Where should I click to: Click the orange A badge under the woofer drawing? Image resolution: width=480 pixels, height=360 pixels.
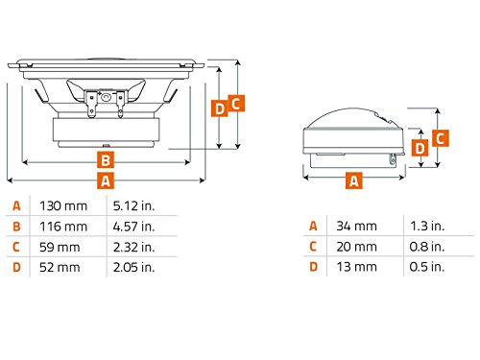pyautogui.click(x=106, y=180)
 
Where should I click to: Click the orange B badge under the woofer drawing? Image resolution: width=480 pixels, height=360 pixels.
pyautogui.click(x=106, y=159)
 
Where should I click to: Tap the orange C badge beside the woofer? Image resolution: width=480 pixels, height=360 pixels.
pyautogui.click(x=236, y=104)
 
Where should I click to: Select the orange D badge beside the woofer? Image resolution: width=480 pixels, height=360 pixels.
pyautogui.click(x=220, y=108)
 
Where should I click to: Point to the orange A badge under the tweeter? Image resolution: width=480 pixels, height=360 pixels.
pyautogui.click(x=354, y=180)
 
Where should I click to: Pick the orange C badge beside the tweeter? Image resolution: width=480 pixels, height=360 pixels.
pyautogui.click(x=441, y=138)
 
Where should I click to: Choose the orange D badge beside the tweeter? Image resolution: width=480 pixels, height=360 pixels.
pyautogui.click(x=420, y=148)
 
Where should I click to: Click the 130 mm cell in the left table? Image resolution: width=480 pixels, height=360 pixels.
pyautogui.click(x=63, y=205)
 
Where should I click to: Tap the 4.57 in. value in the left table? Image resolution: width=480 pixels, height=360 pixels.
pyautogui.click(x=133, y=227)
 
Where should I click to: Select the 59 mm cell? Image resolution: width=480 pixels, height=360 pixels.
pyautogui.click(x=60, y=247)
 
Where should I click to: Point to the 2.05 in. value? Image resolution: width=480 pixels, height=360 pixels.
pyautogui.click(x=133, y=267)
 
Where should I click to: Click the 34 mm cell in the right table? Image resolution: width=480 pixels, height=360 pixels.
pyautogui.click(x=356, y=226)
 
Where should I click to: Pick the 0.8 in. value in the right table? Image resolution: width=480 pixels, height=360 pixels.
pyautogui.click(x=427, y=247)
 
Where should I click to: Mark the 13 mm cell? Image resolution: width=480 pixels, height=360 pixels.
pyautogui.click(x=356, y=267)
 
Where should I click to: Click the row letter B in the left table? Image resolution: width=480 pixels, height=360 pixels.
pyautogui.click(x=16, y=227)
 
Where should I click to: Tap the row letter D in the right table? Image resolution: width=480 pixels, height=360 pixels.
pyautogui.click(x=314, y=267)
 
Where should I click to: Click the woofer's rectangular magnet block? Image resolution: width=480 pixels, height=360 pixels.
pyautogui.click(x=106, y=130)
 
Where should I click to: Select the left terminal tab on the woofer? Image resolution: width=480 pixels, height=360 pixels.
pyautogui.click(x=91, y=105)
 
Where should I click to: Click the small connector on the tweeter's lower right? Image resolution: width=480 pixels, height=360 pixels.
pyautogui.click(x=393, y=158)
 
